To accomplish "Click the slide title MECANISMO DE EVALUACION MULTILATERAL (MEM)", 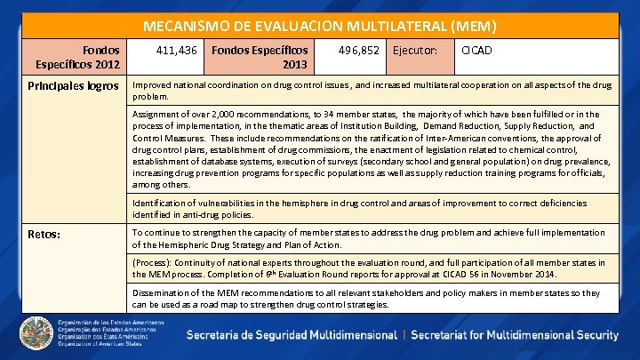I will tap(320, 27).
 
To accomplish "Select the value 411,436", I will tap(177, 52).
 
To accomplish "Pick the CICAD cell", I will tap(477, 52).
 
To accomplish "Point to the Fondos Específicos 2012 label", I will tap(78, 58).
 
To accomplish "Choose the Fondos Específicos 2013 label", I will tap(260, 58).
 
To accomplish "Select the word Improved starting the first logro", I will tap(153, 85).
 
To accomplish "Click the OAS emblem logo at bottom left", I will tap(36, 334).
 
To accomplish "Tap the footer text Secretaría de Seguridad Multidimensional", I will tap(291, 335).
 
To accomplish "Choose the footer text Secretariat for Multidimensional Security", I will tap(515, 335).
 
